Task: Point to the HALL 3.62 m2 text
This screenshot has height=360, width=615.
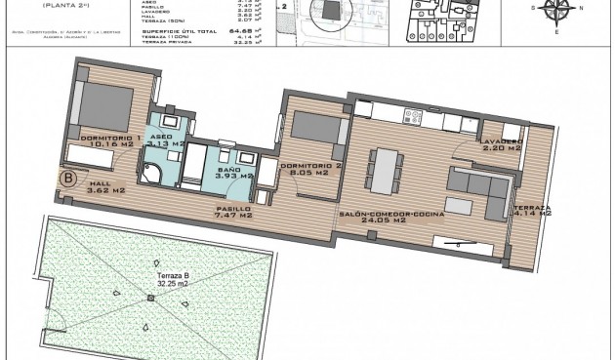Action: (105, 185)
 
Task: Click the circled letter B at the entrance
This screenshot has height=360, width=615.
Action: (69, 179)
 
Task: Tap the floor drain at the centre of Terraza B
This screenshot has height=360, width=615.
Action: (150, 297)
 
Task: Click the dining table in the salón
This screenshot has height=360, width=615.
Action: (386, 170)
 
